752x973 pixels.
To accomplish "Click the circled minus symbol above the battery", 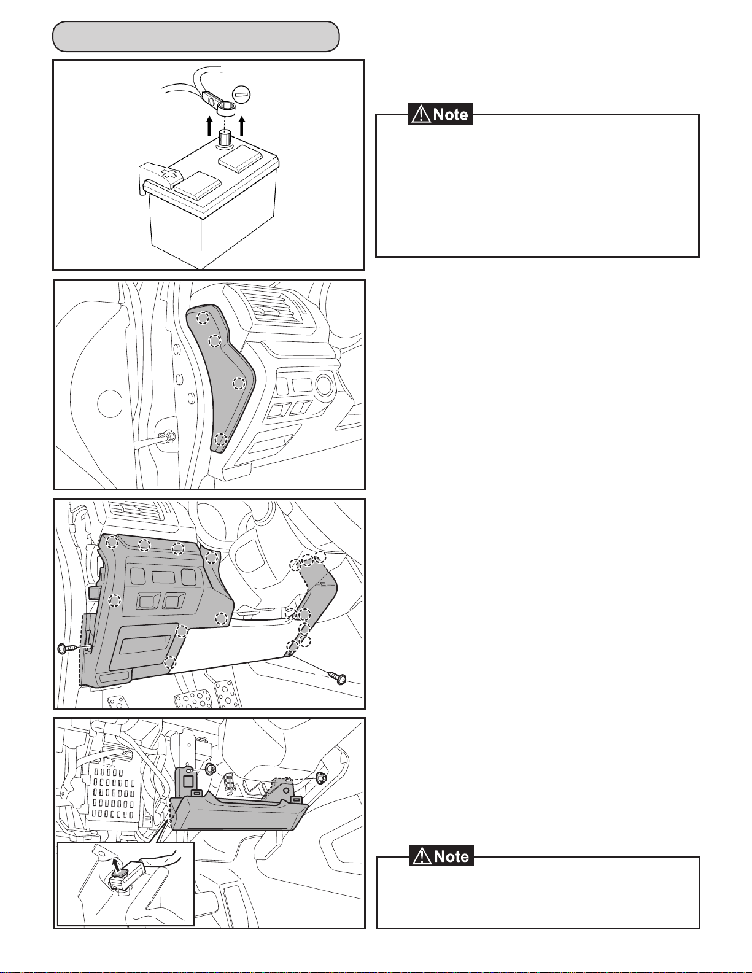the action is pos(241,95).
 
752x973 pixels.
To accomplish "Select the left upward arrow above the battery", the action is pos(209,126).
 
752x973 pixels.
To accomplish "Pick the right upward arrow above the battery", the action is pos(242,126).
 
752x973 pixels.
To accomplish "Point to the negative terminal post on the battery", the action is pos(225,138).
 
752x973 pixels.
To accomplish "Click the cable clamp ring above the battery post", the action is pos(226,107).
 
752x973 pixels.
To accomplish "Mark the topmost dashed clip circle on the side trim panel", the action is pos(203,317).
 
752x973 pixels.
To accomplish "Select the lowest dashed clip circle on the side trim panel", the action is pos(220,439).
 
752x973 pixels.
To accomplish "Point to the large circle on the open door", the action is pos(110,403).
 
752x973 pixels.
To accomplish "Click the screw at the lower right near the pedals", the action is pos(338,678).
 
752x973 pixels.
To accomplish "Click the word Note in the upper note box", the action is pos(451,115).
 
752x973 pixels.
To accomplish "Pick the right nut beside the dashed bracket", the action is pos(320,777).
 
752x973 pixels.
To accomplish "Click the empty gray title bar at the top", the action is pos(196,36).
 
